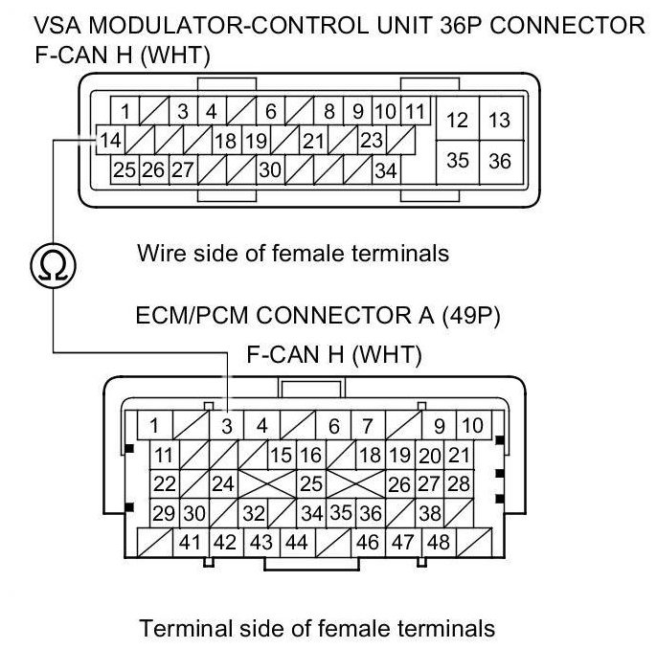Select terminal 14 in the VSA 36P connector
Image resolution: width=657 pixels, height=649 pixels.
110,141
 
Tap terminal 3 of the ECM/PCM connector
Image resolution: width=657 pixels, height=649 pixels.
227,425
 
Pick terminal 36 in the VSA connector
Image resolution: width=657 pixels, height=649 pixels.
499,161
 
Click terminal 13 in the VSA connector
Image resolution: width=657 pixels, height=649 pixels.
499,120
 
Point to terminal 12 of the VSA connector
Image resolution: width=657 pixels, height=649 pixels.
458,120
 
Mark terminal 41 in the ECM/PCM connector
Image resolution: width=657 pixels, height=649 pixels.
190,542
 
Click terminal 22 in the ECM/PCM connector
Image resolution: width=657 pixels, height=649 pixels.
165,483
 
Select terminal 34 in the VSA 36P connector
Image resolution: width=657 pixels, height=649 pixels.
386,171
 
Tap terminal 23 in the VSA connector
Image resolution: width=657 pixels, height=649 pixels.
371,141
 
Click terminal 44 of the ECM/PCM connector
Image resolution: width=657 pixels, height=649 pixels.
296,542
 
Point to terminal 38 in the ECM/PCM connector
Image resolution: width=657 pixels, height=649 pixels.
430,513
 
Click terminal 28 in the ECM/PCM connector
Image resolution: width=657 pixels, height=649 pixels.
459,483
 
